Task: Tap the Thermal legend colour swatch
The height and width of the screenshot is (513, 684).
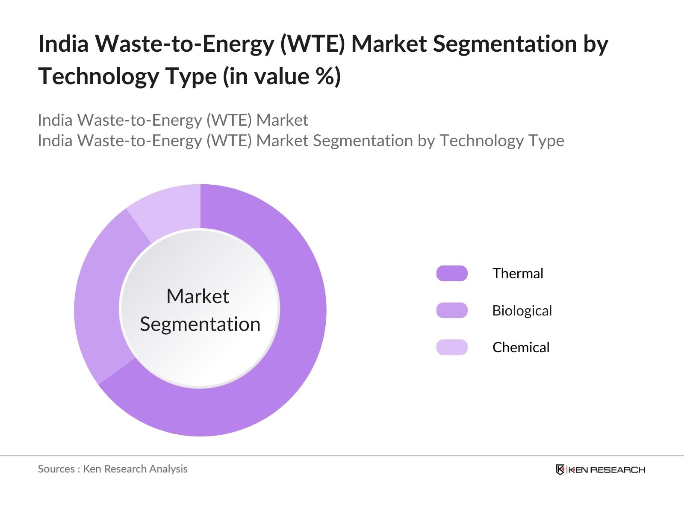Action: (452, 274)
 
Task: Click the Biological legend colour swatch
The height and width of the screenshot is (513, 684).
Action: (452, 310)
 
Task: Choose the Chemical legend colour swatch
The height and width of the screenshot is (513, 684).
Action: (452, 347)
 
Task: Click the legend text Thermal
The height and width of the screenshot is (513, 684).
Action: (517, 274)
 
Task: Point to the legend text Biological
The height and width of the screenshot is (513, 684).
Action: (522, 311)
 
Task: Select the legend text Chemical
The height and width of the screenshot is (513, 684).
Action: (520, 348)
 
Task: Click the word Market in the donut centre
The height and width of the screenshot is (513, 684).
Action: (198, 296)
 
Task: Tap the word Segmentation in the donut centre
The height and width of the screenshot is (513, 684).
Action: (200, 324)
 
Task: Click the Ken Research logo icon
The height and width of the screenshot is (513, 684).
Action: (560, 470)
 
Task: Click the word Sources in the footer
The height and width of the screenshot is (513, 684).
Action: (56, 469)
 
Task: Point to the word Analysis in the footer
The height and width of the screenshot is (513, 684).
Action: (168, 469)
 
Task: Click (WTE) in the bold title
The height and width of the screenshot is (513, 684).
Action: (312, 44)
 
